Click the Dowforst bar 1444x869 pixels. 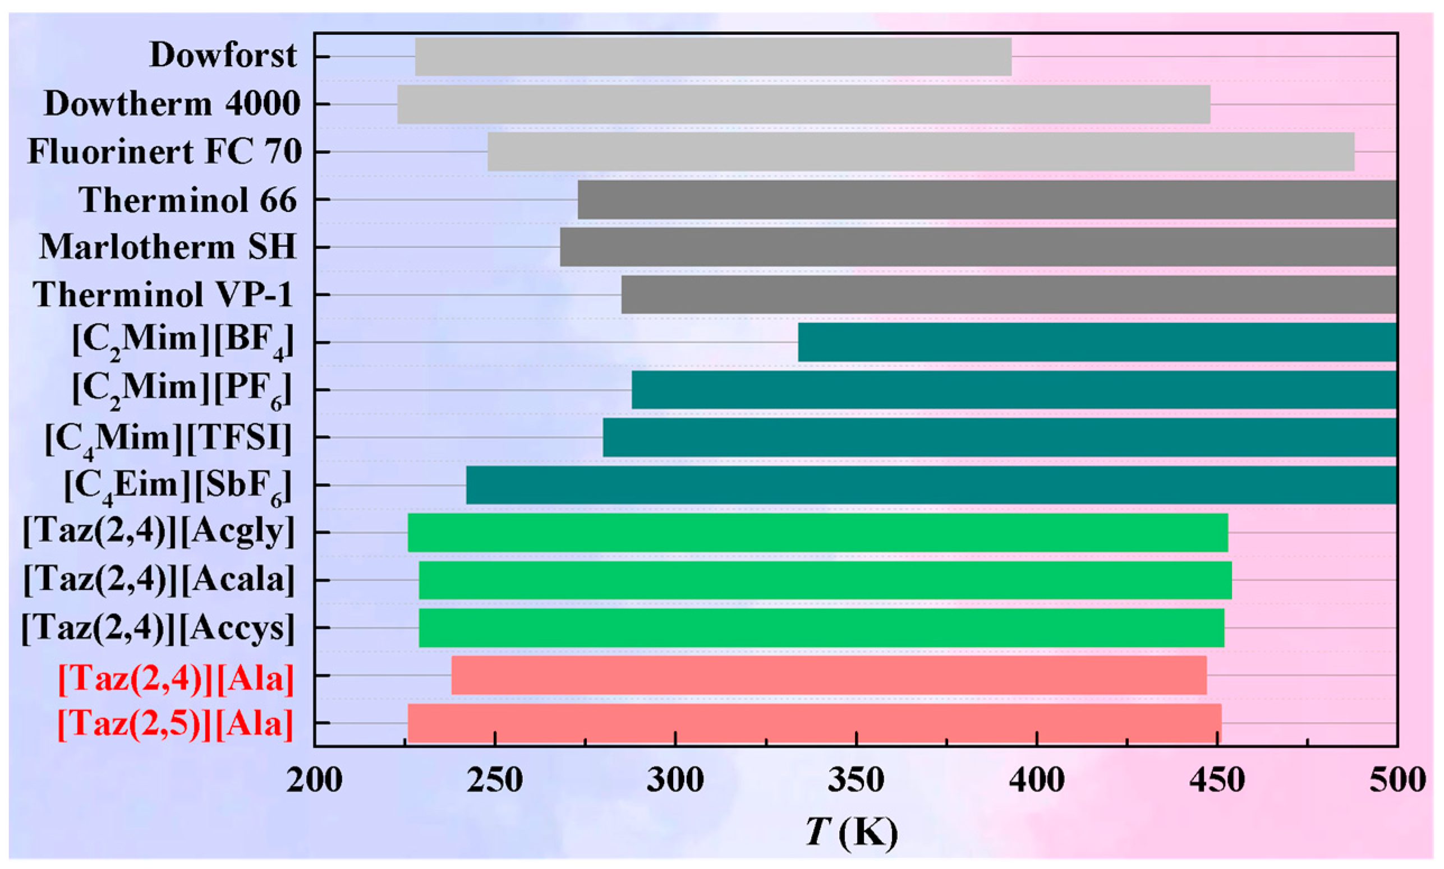[713, 57]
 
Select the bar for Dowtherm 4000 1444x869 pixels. [804, 104]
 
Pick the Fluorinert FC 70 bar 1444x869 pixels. [921, 152]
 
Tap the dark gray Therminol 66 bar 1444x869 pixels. [987, 199]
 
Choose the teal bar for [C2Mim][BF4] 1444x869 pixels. [1097, 342]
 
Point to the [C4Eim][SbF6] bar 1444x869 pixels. [931, 485]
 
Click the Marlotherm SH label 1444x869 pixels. [168, 247]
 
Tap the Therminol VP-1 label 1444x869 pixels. [162, 294]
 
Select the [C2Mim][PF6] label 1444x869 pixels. [182, 390]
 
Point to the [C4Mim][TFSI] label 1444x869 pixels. [169, 438]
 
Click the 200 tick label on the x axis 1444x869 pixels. [315, 780]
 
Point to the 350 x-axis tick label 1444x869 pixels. [856, 780]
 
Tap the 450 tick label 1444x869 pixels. [1217, 780]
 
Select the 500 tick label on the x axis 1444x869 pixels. [1397, 780]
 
